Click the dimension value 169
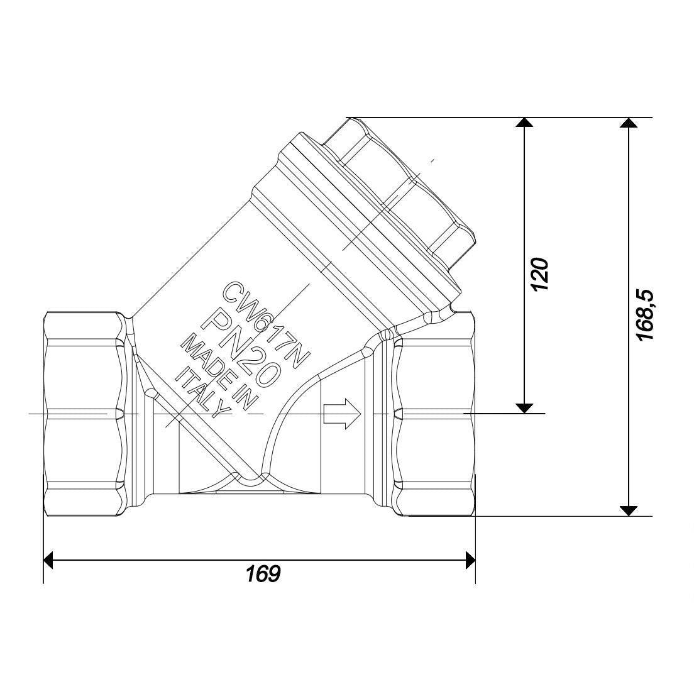click(263, 574)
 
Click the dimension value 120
click(541, 274)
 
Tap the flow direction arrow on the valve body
click(343, 414)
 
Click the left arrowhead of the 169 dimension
click(48, 560)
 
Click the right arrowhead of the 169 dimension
click(470, 560)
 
